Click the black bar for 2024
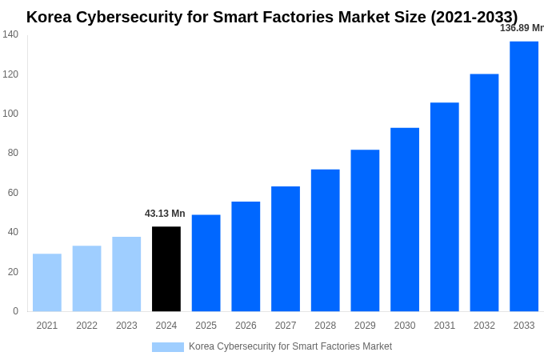coord(166,269)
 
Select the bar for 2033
coord(524,176)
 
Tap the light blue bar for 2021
coord(47,282)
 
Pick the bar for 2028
coord(326,240)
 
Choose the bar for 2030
coord(405,219)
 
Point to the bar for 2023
coord(126,274)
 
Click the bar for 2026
coord(246,256)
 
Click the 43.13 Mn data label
coord(165,214)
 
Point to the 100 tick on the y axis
coord(10,114)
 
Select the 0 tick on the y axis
coord(15,311)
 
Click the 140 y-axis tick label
coord(10,34)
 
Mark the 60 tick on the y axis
coord(13,193)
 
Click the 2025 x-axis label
coord(206,326)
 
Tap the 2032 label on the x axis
coord(484,326)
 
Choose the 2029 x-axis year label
coord(365,326)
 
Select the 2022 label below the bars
coord(86,326)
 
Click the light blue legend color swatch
coord(168,347)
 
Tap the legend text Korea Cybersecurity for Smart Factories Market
coord(290,346)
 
